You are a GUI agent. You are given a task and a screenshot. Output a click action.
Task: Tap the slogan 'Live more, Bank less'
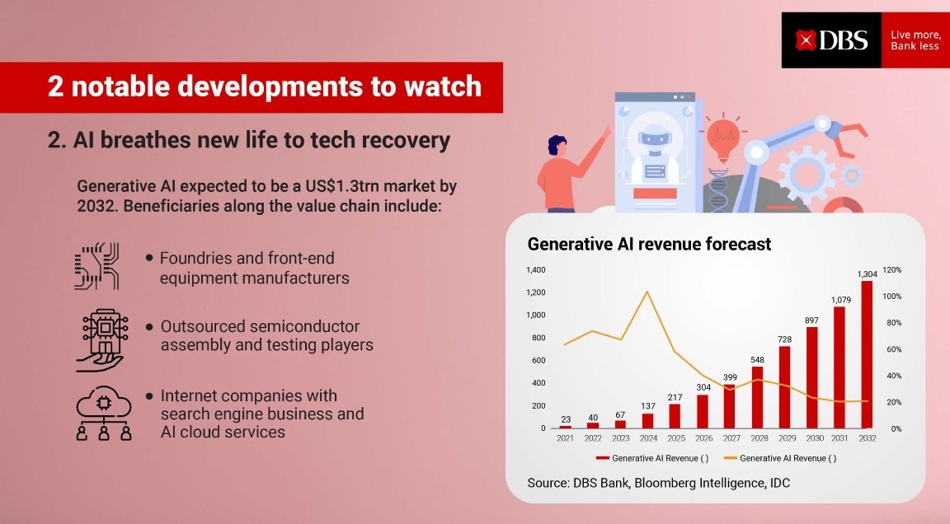pyautogui.click(x=915, y=40)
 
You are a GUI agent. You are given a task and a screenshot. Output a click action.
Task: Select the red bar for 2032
pyautogui.click(x=867, y=354)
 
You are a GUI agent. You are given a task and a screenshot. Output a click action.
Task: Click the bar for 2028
pyautogui.click(x=757, y=398)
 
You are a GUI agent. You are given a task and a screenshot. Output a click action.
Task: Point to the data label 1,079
pyautogui.click(x=841, y=300)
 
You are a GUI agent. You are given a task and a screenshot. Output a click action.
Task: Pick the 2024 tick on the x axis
pyautogui.click(x=648, y=438)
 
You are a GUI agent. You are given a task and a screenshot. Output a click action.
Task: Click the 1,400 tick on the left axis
pyautogui.click(x=535, y=270)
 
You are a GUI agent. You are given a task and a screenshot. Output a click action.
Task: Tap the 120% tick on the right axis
pyautogui.click(x=891, y=270)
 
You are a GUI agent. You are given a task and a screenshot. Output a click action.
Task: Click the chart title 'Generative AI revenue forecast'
pyautogui.click(x=649, y=244)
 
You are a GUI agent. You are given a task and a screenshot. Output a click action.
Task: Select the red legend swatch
pyautogui.click(x=602, y=458)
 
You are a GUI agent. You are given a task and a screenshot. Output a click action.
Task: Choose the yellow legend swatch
pyautogui.click(x=731, y=458)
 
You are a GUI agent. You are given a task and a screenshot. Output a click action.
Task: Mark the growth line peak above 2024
pyautogui.click(x=647, y=292)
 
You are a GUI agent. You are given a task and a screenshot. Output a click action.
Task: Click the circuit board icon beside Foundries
pyautogui.click(x=97, y=266)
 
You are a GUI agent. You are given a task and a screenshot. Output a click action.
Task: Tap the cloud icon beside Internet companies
pyautogui.click(x=104, y=414)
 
